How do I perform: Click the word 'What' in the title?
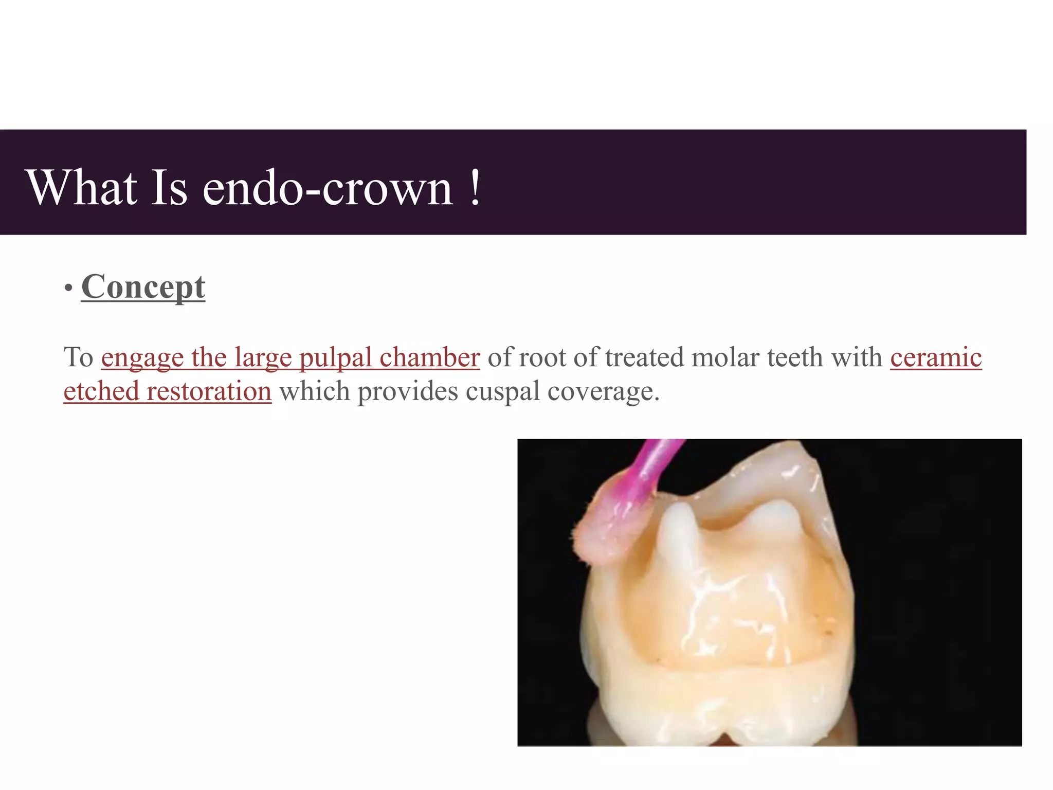82,188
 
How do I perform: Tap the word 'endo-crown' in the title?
328,189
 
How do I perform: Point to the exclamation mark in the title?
475,188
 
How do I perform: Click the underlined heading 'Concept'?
143,287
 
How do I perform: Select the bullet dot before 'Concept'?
68,289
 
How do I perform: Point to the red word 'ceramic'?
936,357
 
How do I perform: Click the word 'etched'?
101,391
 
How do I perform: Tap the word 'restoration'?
209,391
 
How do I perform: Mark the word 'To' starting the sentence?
78,357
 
